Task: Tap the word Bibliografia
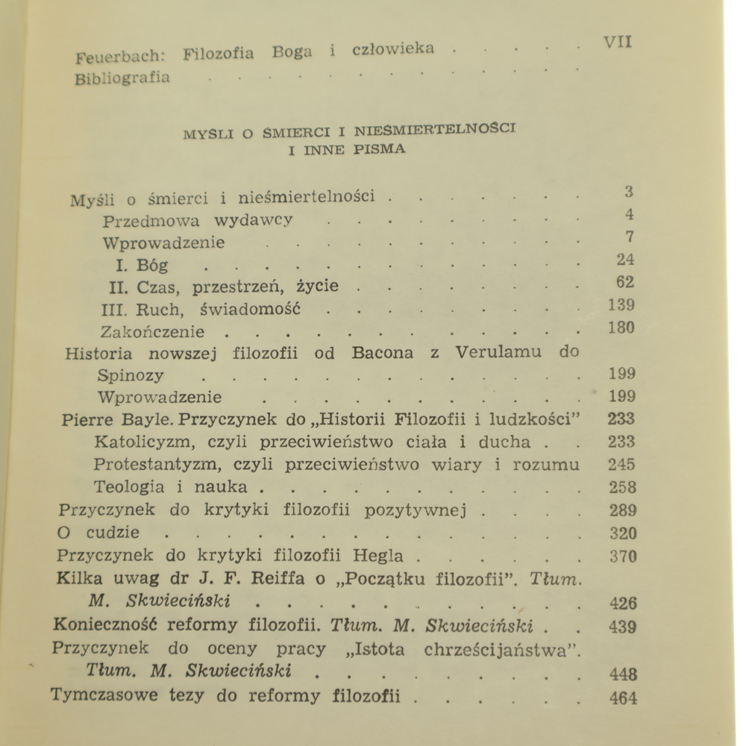(122, 77)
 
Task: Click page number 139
(621, 305)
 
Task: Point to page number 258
(622, 488)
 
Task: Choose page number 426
(623, 604)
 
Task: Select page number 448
(623, 674)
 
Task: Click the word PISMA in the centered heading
(380, 148)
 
